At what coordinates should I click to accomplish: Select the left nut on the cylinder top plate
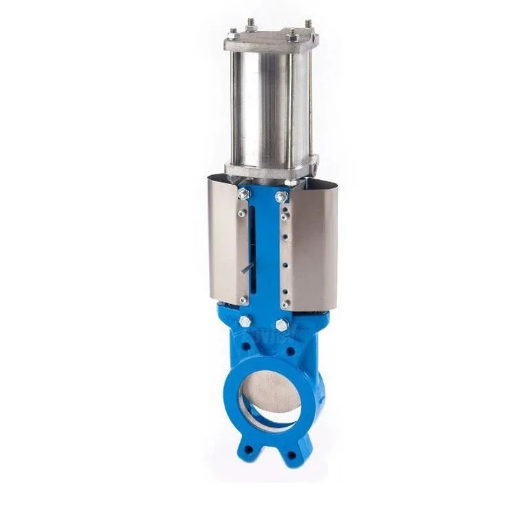233,32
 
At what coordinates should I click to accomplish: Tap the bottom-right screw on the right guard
283,301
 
